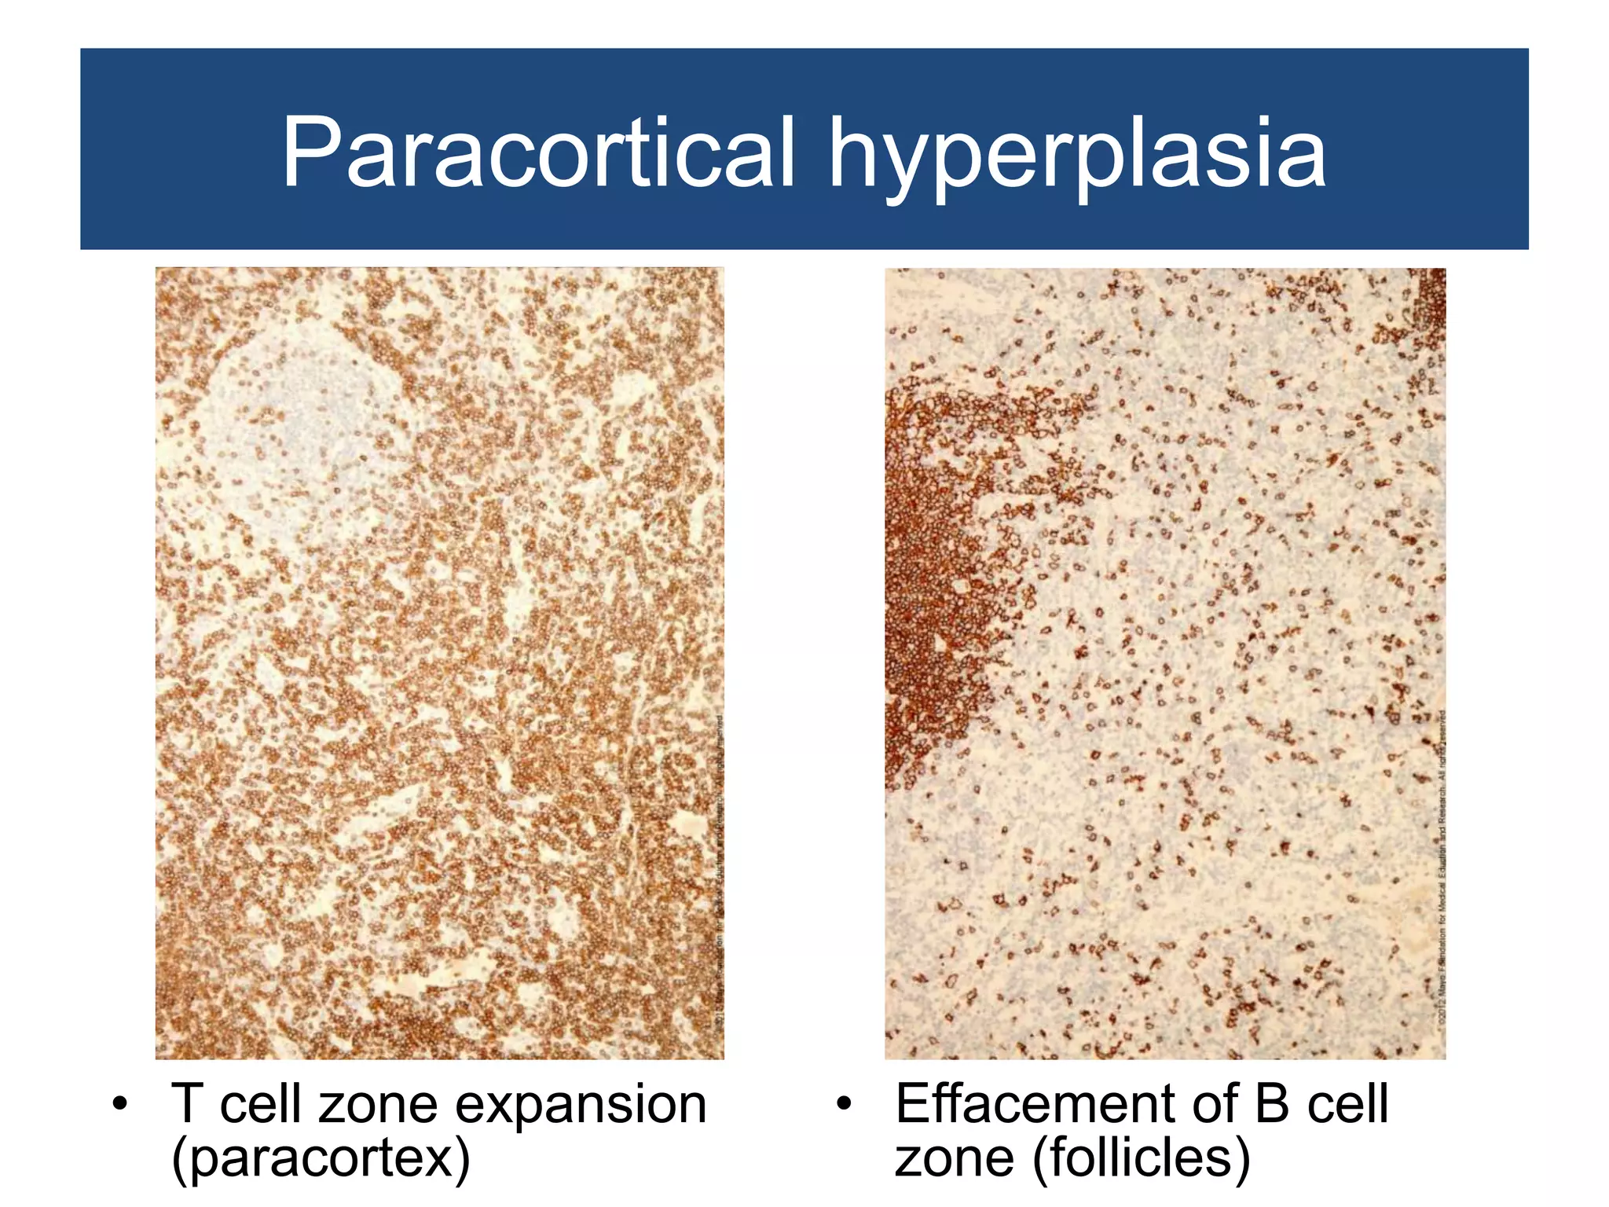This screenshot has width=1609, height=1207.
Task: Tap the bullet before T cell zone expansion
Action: (x=119, y=1104)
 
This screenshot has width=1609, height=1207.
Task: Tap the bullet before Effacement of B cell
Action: (x=844, y=1104)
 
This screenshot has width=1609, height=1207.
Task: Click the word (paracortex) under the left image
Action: (x=321, y=1157)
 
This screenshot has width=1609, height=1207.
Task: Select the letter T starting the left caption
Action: (x=187, y=1104)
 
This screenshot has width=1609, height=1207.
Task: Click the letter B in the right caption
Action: (x=1271, y=1103)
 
